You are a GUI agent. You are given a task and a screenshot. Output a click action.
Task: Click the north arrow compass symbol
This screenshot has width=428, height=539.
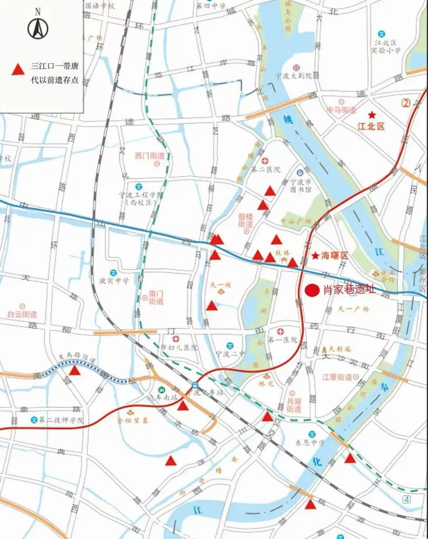pos(38,28)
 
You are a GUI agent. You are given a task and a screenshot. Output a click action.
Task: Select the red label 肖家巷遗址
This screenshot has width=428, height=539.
pos(350,290)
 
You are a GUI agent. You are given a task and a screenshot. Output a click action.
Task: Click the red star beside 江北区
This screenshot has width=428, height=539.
pos(372,115)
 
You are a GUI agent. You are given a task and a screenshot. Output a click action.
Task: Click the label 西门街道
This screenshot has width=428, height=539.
pos(149,156)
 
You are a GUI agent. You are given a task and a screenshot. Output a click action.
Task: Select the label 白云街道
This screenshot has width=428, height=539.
pos(22,314)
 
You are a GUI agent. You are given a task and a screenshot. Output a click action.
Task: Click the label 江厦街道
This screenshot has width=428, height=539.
pos(337,377)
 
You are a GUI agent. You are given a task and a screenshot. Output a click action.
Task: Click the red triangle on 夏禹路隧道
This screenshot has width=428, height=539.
pos(75,371)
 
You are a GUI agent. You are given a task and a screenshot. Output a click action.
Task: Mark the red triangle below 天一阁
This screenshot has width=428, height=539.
pos(212,306)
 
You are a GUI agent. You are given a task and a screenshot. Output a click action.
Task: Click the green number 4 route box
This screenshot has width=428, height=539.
pos(407,498)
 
